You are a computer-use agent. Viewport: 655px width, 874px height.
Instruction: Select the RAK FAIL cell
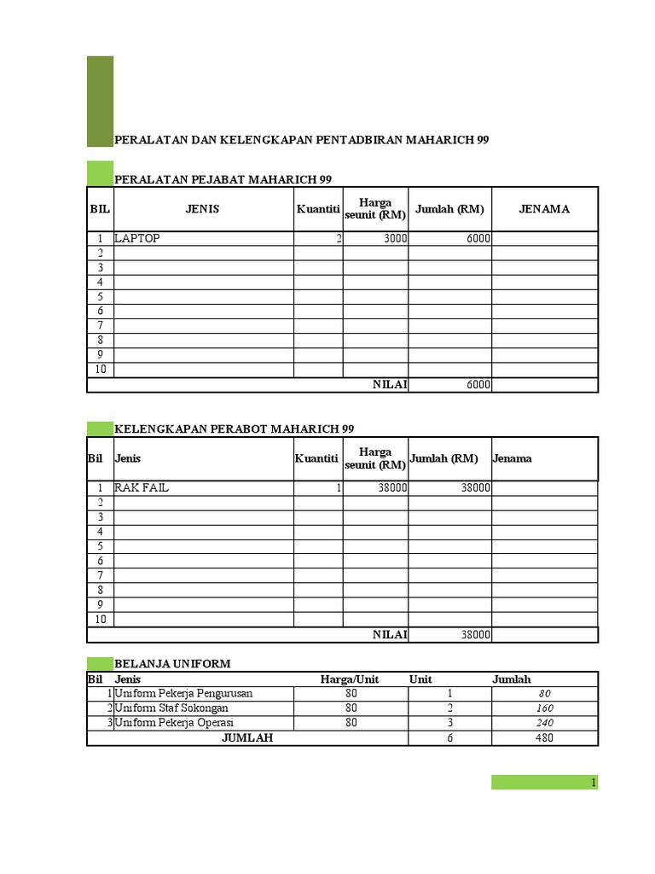(x=142, y=487)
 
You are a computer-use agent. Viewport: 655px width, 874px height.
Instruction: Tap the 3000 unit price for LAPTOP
(x=395, y=239)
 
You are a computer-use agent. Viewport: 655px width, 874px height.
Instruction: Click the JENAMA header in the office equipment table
(x=544, y=209)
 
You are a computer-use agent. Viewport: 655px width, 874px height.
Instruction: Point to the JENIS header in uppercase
(x=203, y=209)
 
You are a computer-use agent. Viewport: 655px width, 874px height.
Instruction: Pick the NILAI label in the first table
(x=390, y=385)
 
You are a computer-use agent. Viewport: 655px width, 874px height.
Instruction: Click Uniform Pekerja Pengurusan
(x=183, y=694)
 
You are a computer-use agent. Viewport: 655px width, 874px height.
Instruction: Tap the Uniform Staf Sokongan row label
(x=171, y=708)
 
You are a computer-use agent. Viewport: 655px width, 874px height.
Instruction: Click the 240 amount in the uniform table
(x=545, y=723)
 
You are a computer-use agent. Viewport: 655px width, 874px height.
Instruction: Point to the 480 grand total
(x=545, y=737)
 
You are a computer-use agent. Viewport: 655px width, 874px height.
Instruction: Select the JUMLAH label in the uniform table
(x=247, y=737)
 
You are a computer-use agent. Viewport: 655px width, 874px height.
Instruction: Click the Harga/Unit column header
(x=350, y=679)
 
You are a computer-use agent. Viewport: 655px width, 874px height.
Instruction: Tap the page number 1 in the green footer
(x=594, y=783)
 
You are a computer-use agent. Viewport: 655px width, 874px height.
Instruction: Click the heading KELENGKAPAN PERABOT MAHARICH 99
(x=234, y=428)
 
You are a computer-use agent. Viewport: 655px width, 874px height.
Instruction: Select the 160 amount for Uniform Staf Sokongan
(x=545, y=708)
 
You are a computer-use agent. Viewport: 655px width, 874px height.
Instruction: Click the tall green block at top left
(x=100, y=101)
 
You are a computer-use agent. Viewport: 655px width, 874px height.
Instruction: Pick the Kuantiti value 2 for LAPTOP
(x=339, y=239)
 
